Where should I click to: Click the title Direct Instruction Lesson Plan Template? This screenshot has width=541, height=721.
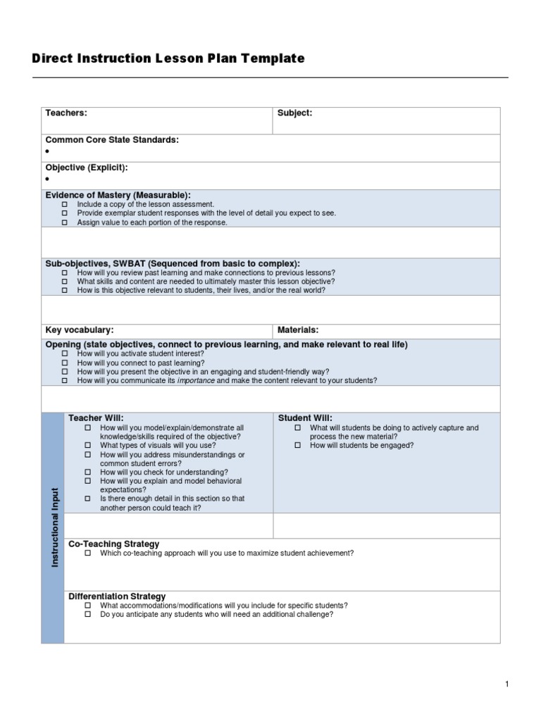point(168,59)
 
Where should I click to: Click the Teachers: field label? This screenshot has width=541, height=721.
point(66,113)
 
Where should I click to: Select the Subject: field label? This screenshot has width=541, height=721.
point(294,113)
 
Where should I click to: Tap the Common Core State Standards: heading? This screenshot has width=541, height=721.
point(112,140)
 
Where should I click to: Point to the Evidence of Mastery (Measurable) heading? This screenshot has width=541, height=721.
point(118,195)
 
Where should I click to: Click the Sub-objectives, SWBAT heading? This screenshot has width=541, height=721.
point(173,263)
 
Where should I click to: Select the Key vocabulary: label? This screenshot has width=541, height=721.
point(79,330)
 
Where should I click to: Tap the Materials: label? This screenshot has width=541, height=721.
point(298,330)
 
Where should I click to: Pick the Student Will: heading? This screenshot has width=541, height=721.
point(305,418)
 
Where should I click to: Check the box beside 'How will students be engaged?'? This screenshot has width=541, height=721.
point(297,446)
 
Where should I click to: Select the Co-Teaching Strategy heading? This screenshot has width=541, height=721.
point(113,544)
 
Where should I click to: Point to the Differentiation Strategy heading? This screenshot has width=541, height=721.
point(117,596)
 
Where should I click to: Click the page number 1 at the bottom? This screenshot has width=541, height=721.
point(506,684)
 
